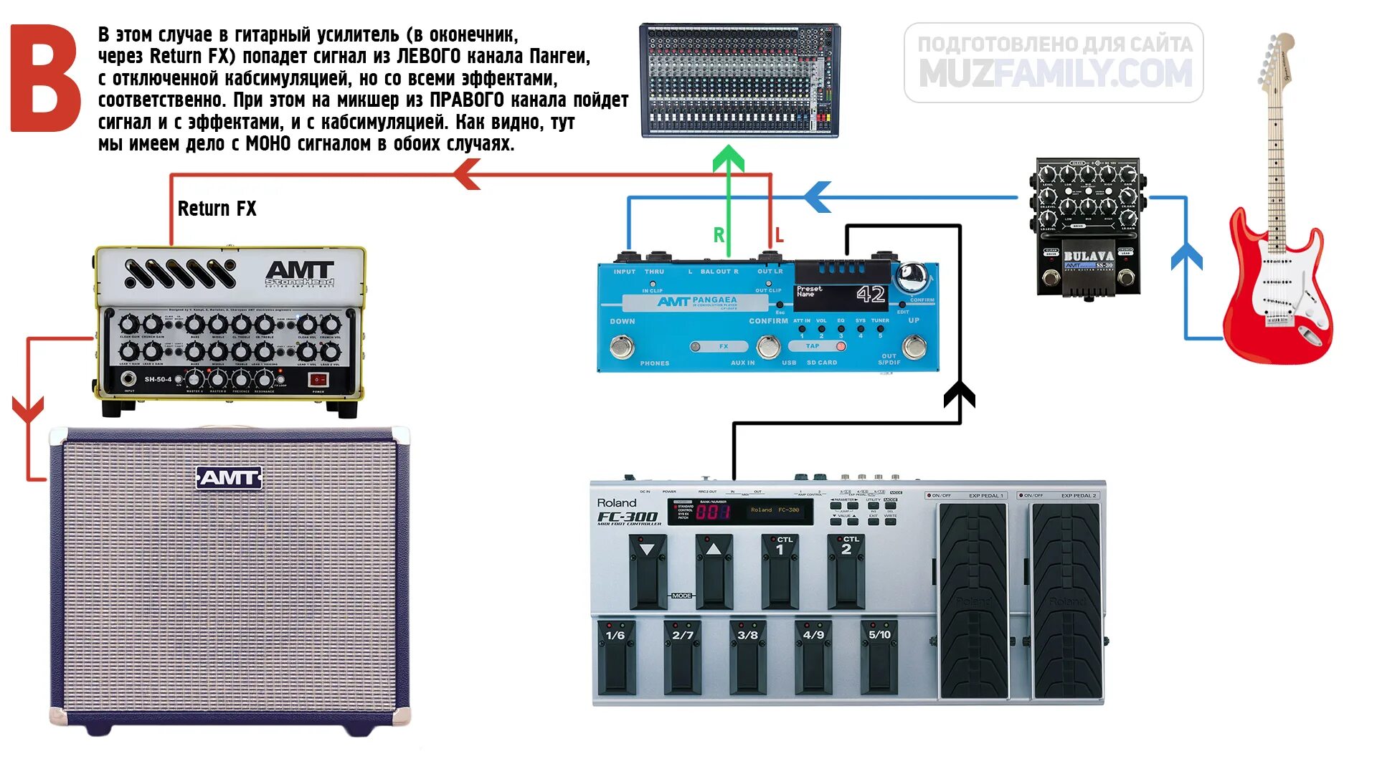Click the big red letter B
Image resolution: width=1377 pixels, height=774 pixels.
point(44,79)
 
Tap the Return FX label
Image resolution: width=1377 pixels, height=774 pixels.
point(217,209)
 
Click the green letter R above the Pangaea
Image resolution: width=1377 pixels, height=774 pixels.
point(719,234)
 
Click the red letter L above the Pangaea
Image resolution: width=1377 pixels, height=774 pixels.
point(779,234)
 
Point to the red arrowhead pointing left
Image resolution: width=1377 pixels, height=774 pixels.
point(467,174)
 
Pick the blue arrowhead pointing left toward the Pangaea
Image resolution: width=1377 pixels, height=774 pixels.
point(818,197)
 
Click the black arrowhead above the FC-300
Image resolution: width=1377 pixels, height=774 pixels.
point(959,395)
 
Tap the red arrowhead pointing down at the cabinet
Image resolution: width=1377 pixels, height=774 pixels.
point(28,410)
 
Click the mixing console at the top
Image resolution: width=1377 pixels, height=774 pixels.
point(739,80)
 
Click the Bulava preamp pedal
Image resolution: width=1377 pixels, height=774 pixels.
point(1087,226)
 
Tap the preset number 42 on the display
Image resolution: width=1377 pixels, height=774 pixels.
point(871,295)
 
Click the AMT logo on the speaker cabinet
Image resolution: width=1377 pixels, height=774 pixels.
point(229,477)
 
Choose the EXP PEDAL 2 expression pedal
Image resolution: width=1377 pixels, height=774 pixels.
point(1066,598)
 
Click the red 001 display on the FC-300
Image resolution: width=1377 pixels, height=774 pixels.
point(713,512)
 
